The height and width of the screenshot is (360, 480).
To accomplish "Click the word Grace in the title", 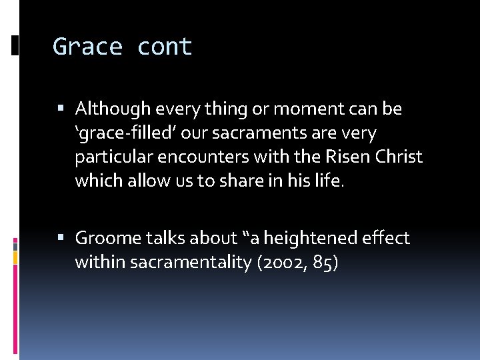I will click(87, 47).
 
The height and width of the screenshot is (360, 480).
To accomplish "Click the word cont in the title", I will click(165, 47).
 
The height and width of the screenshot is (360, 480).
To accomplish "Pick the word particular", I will click(110, 157).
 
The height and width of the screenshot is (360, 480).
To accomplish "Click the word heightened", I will click(293, 238).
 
